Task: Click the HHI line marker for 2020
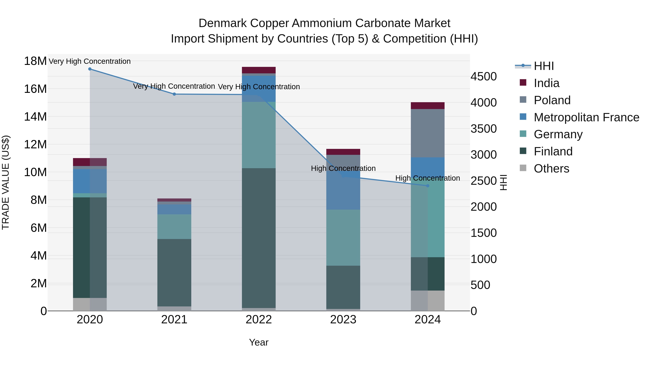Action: pyautogui.click(x=90, y=69)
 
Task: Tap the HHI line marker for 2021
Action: pyautogui.click(x=174, y=94)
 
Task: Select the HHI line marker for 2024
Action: pyautogui.click(x=428, y=186)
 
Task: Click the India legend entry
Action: pyautogui.click(x=546, y=83)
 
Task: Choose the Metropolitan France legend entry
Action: pyautogui.click(x=586, y=117)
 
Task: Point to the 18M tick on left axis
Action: pyautogui.click(x=35, y=61)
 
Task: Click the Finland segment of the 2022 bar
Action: pyautogui.click(x=259, y=238)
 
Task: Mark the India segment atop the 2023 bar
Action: pyautogui.click(x=343, y=152)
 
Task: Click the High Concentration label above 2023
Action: pyautogui.click(x=343, y=168)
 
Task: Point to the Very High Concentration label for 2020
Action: pyautogui.click(x=90, y=61)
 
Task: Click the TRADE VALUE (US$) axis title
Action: pyautogui.click(x=6, y=182)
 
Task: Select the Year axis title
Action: pyautogui.click(x=259, y=343)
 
